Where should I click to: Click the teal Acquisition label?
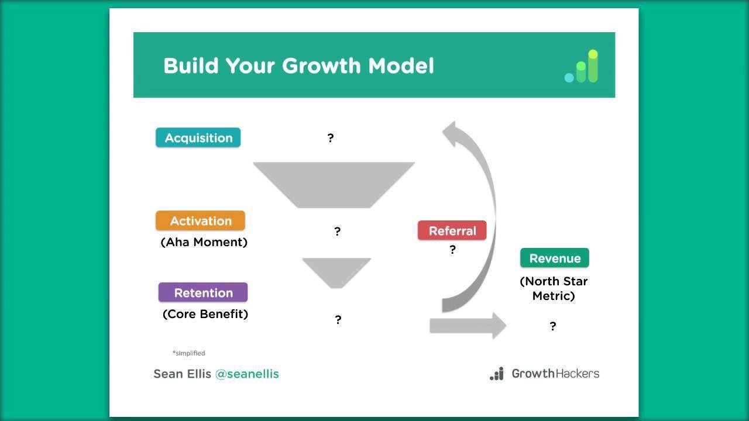(x=198, y=138)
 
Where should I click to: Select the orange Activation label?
(x=200, y=221)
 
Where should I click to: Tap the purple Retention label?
(x=203, y=293)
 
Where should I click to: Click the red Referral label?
(x=452, y=231)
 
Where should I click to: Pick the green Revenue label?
(x=554, y=258)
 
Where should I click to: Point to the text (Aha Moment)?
(x=204, y=242)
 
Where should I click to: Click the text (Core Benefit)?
(x=205, y=314)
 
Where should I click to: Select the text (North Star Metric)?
(x=554, y=288)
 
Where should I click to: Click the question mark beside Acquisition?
(x=331, y=138)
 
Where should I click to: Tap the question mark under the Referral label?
(x=452, y=250)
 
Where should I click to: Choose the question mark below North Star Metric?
(x=552, y=326)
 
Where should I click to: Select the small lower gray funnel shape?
(x=336, y=271)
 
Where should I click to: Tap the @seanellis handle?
(x=247, y=374)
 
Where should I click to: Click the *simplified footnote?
(x=188, y=353)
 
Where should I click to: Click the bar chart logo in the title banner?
(x=582, y=67)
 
